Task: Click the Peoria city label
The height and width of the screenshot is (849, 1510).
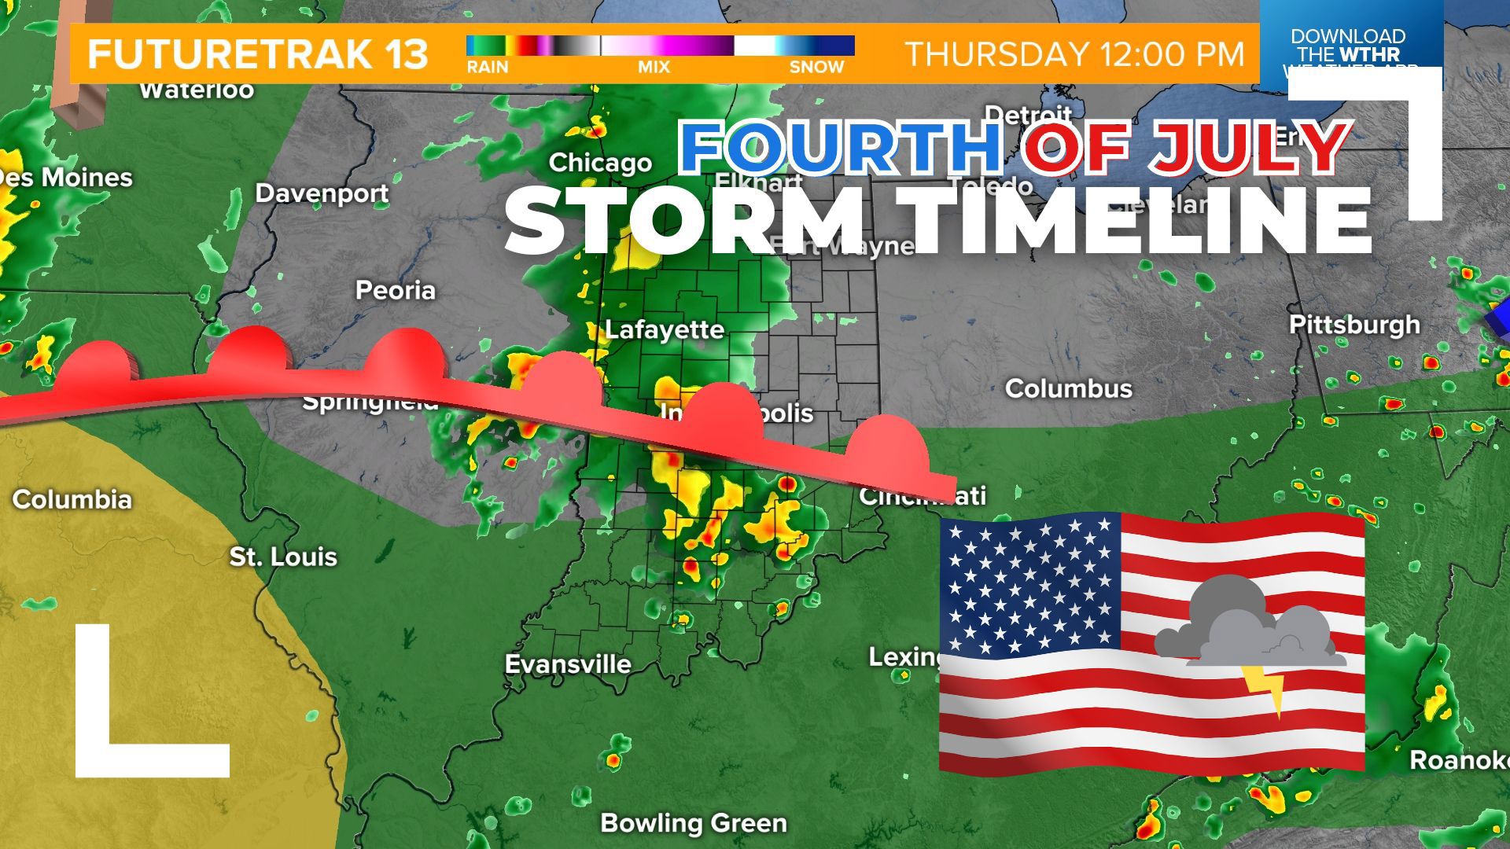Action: tap(395, 291)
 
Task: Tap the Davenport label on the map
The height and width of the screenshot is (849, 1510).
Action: tap(322, 193)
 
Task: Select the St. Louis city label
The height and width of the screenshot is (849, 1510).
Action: tap(283, 557)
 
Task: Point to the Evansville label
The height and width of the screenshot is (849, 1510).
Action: tap(568, 664)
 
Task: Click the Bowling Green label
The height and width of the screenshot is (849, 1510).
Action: tap(694, 823)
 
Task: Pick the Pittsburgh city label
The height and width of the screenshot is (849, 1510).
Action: tap(1354, 325)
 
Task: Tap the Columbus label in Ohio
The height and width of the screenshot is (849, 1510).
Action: tap(1068, 388)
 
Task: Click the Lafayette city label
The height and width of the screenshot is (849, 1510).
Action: tap(664, 329)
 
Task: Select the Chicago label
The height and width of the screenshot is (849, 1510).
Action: tap(600, 163)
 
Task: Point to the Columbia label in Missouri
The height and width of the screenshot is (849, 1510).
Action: tap(72, 500)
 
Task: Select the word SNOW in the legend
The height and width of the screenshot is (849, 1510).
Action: tap(816, 68)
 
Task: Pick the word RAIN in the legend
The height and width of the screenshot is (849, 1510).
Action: tap(488, 68)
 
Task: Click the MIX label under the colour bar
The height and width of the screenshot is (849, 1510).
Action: tap(654, 68)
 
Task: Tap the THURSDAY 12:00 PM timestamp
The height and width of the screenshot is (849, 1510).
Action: tap(1075, 54)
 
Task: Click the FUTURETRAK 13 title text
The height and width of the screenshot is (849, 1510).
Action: tap(258, 54)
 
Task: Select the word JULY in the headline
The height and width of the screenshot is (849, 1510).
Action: tap(1250, 147)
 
